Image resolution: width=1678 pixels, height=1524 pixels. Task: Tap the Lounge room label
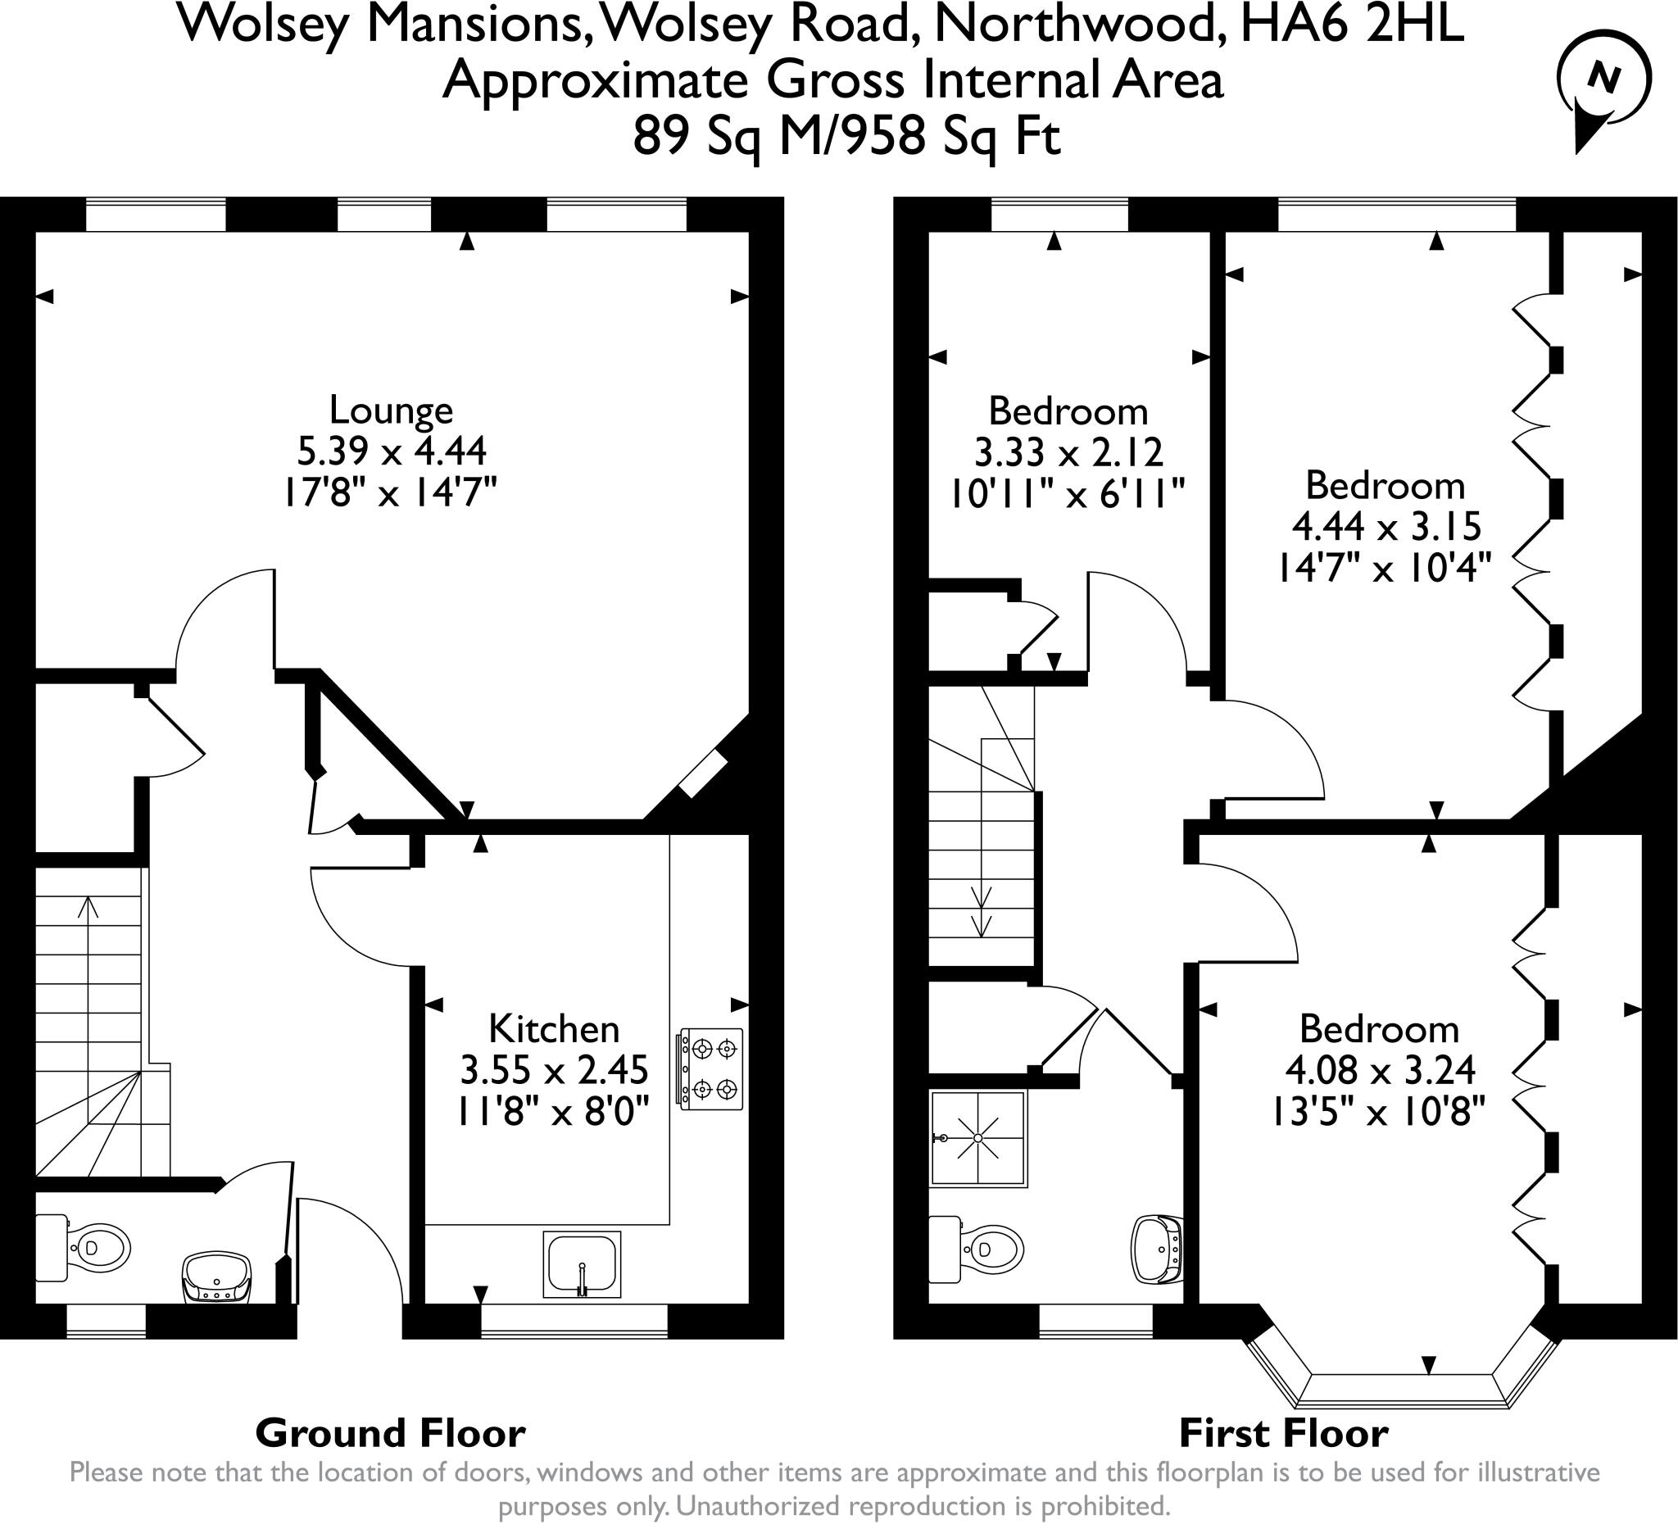tap(391, 410)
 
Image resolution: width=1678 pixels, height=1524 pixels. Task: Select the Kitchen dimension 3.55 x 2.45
tap(555, 1070)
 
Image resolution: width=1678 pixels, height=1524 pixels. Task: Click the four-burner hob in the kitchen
tap(711, 1069)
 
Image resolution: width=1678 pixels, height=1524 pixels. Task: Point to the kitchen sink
tap(582, 1264)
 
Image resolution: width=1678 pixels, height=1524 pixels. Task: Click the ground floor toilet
tap(84, 1248)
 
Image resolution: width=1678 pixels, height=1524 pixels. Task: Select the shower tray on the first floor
tap(978, 1138)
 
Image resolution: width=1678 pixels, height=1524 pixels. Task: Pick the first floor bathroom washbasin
tap(1158, 1250)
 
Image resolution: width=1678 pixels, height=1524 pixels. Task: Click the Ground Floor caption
tap(390, 1433)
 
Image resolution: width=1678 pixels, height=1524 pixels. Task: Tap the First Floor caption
tap(1284, 1433)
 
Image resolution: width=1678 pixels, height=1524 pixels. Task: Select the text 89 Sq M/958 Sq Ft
tap(846, 137)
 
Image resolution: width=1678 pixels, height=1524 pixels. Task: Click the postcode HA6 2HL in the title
tap(1351, 25)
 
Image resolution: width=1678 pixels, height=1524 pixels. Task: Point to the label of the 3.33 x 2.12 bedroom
tap(1068, 411)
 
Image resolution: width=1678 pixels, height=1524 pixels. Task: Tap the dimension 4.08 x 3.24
tap(1381, 1070)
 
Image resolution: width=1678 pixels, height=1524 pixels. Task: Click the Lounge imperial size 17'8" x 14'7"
tap(390, 492)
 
